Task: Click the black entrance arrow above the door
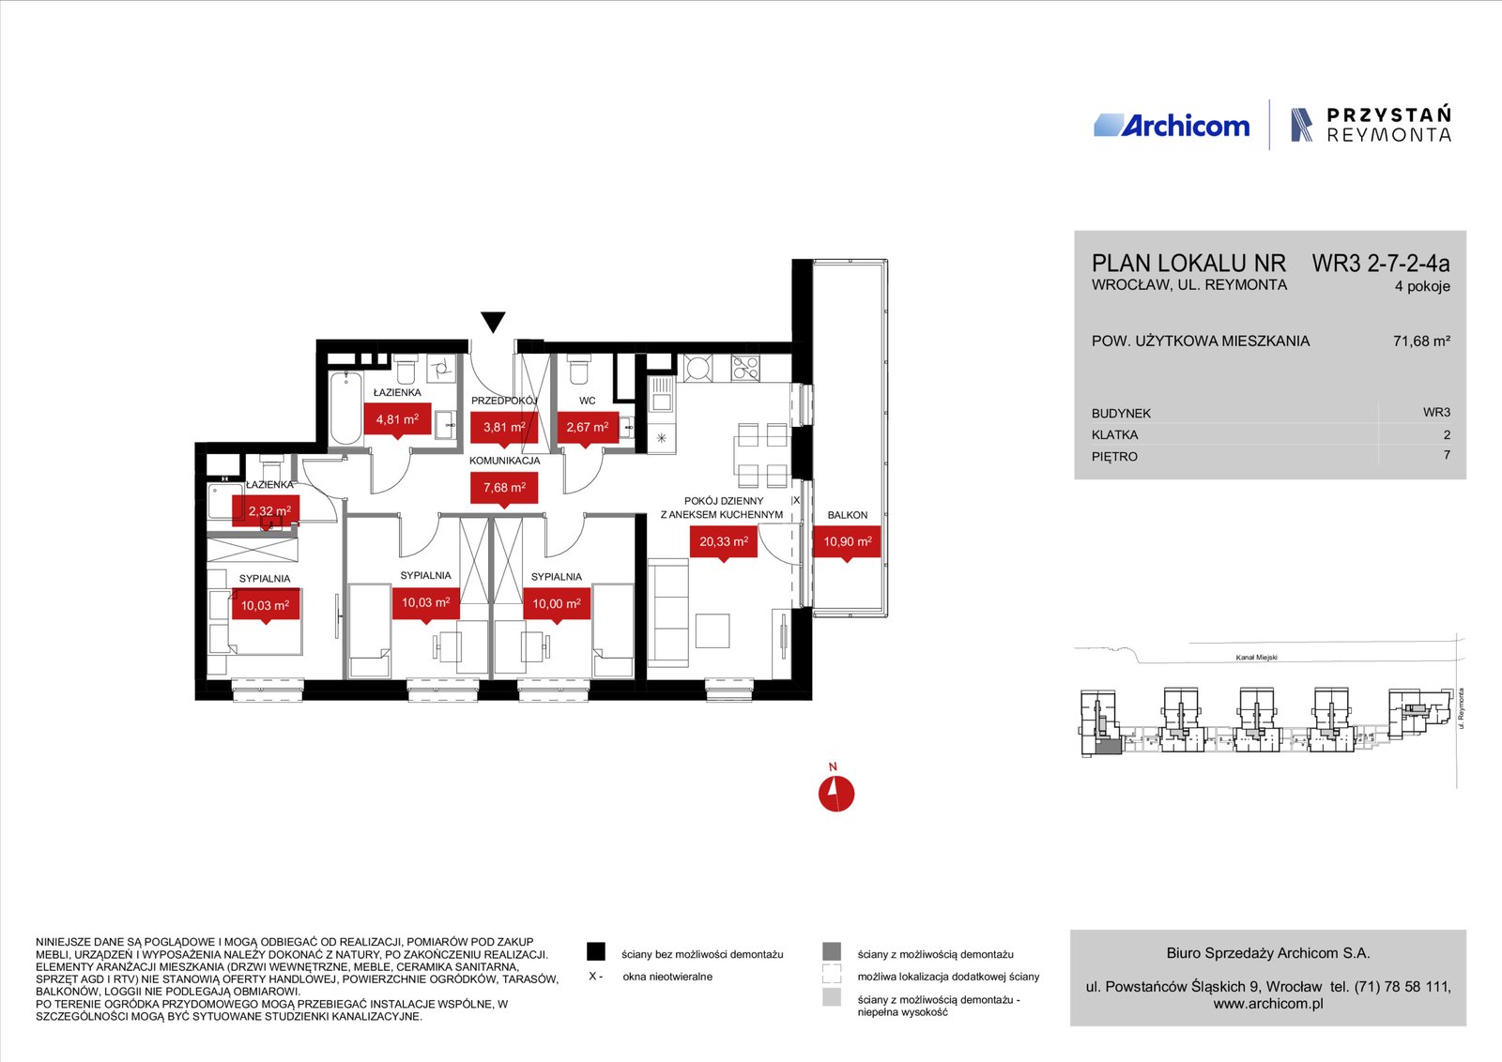pyautogui.click(x=493, y=322)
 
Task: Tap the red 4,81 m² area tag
pyautogui.click(x=397, y=420)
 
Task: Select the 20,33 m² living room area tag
pyautogui.click(x=724, y=541)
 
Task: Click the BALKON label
pyautogui.click(x=848, y=515)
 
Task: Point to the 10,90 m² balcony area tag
pyautogui.click(x=848, y=541)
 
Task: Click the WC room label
pyautogui.click(x=588, y=401)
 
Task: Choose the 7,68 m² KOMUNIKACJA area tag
pyautogui.click(x=504, y=488)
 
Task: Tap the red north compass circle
pyautogui.click(x=836, y=794)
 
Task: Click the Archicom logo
pyautogui.click(x=1172, y=126)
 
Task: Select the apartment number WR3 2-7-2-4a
pyautogui.click(x=1381, y=264)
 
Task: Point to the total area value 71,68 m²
pyautogui.click(x=1421, y=341)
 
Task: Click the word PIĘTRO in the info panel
pyautogui.click(x=1114, y=456)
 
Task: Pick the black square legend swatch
pyautogui.click(x=595, y=951)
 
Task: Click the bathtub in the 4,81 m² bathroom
pyautogui.click(x=346, y=408)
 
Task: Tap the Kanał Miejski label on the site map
pyautogui.click(x=1257, y=658)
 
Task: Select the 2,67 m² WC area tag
pyautogui.click(x=588, y=428)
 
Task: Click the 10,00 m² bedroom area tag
pyautogui.click(x=557, y=604)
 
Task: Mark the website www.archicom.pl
pyautogui.click(x=1268, y=1004)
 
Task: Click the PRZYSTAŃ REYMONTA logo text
pyautogui.click(x=1388, y=125)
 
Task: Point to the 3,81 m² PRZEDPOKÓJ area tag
pyautogui.click(x=504, y=428)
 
